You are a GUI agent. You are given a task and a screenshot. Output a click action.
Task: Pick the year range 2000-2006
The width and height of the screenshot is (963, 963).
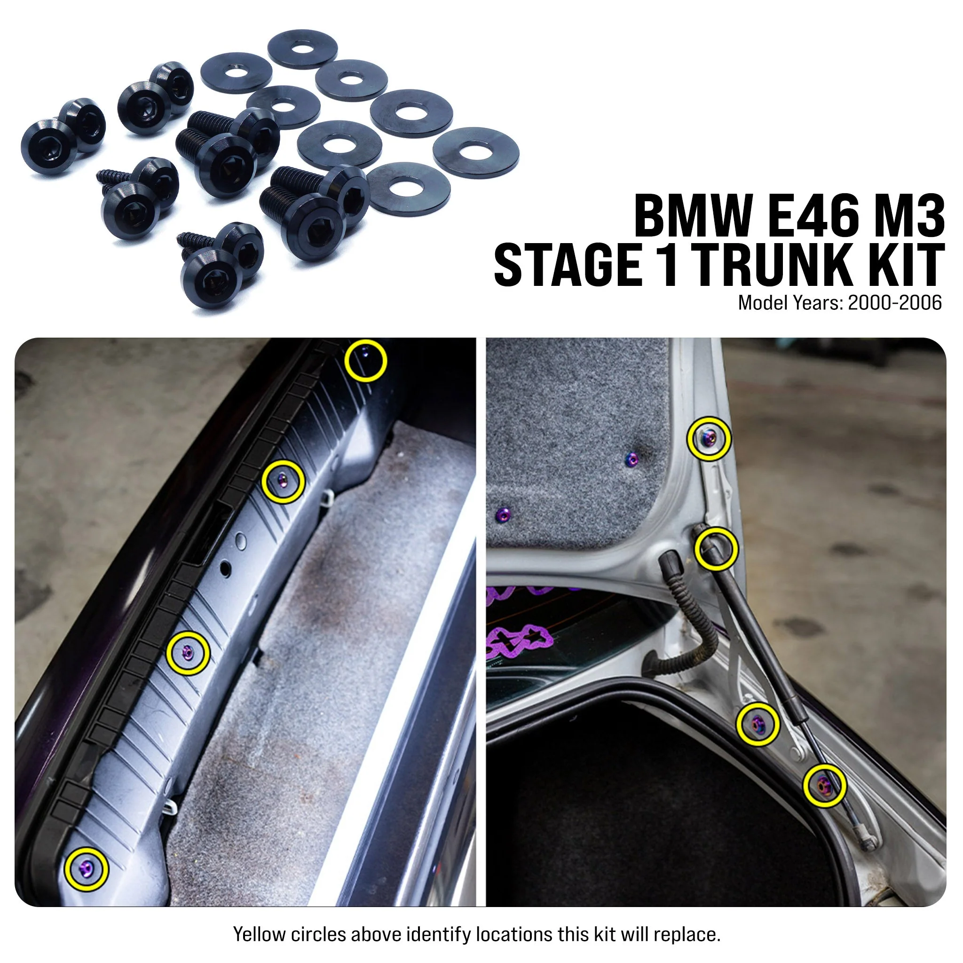(895, 302)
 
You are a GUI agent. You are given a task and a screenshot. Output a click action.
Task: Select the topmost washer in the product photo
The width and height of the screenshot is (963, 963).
(302, 49)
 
